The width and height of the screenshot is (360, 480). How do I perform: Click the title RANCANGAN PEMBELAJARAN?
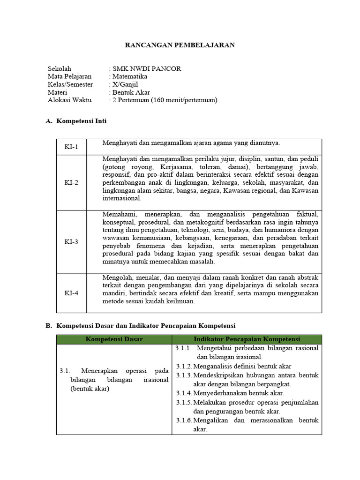point(180,45)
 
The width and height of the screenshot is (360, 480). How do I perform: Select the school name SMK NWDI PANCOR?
point(146,68)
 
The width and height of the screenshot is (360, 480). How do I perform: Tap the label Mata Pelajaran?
point(70,76)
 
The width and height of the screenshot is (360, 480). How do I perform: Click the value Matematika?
point(129,76)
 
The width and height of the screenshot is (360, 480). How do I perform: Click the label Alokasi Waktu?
point(70,100)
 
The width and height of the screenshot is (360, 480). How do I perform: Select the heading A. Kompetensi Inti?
point(76,121)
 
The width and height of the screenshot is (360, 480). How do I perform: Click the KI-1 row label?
point(71,147)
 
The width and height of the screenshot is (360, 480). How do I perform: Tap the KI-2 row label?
point(71,183)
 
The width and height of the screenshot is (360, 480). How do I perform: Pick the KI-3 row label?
point(71,242)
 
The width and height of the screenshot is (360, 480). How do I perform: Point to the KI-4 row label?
point(71,293)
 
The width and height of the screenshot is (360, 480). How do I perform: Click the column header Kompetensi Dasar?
point(114,339)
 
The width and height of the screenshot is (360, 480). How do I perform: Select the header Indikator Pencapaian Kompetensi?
point(247,339)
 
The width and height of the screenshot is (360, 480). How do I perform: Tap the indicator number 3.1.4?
point(184,393)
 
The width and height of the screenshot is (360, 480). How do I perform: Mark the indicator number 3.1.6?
point(184,420)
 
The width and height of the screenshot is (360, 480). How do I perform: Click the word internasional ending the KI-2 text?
point(122,198)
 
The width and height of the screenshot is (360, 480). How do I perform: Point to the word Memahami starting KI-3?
point(117,214)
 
